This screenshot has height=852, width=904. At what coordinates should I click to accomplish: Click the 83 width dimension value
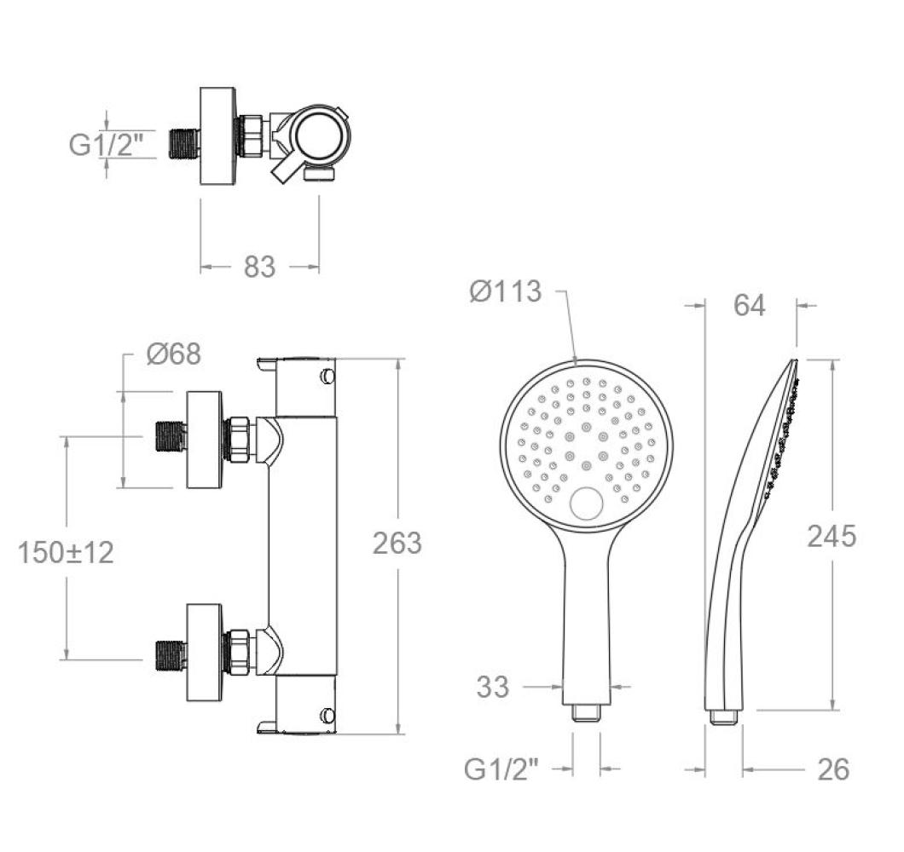click(259, 267)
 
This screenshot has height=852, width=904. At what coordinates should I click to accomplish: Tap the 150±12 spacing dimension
click(66, 552)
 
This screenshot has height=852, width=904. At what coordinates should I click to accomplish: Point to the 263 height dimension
click(397, 544)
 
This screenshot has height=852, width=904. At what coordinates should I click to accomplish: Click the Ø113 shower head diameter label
click(506, 291)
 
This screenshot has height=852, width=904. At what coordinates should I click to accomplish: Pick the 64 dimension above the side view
click(750, 305)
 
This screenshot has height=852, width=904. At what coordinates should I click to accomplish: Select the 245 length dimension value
click(832, 537)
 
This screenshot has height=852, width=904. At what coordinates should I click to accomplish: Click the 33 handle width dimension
click(493, 687)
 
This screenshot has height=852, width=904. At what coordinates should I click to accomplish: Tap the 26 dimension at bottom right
click(834, 769)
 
